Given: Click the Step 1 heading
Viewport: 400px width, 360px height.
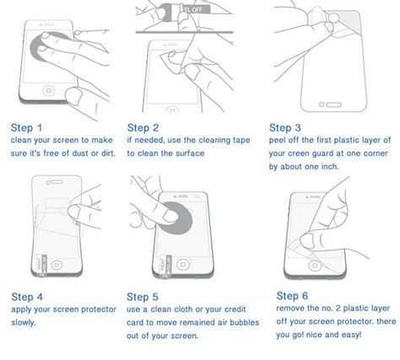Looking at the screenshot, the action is (26, 128).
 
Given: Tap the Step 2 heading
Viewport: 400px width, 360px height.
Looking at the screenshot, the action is (143, 128).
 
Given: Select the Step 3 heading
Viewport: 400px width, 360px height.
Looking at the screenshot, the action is (285, 128).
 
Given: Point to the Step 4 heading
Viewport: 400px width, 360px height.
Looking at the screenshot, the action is (27, 297).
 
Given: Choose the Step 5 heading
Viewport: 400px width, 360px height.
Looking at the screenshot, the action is (143, 297).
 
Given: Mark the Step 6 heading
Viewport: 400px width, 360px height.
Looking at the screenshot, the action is (292, 296).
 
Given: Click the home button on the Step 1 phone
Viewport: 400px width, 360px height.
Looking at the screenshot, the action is (49, 90).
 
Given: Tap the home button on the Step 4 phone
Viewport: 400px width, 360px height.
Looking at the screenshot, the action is (57, 265).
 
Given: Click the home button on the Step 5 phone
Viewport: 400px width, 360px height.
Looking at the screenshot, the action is (183, 265).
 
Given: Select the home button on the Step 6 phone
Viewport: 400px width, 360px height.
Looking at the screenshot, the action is (315, 266).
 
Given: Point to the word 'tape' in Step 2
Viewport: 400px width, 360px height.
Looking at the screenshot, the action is (241, 140).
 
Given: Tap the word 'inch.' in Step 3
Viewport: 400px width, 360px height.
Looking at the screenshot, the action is (330, 167).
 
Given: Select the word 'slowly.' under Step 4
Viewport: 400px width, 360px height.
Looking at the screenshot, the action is (24, 323).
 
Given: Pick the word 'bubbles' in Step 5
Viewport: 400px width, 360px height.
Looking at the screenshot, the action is (245, 322).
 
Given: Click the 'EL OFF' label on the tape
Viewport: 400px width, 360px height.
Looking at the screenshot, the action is (192, 9).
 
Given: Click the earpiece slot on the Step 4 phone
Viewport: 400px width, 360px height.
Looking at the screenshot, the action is (57, 182).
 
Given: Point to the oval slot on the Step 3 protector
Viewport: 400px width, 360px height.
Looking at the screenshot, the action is (333, 105).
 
